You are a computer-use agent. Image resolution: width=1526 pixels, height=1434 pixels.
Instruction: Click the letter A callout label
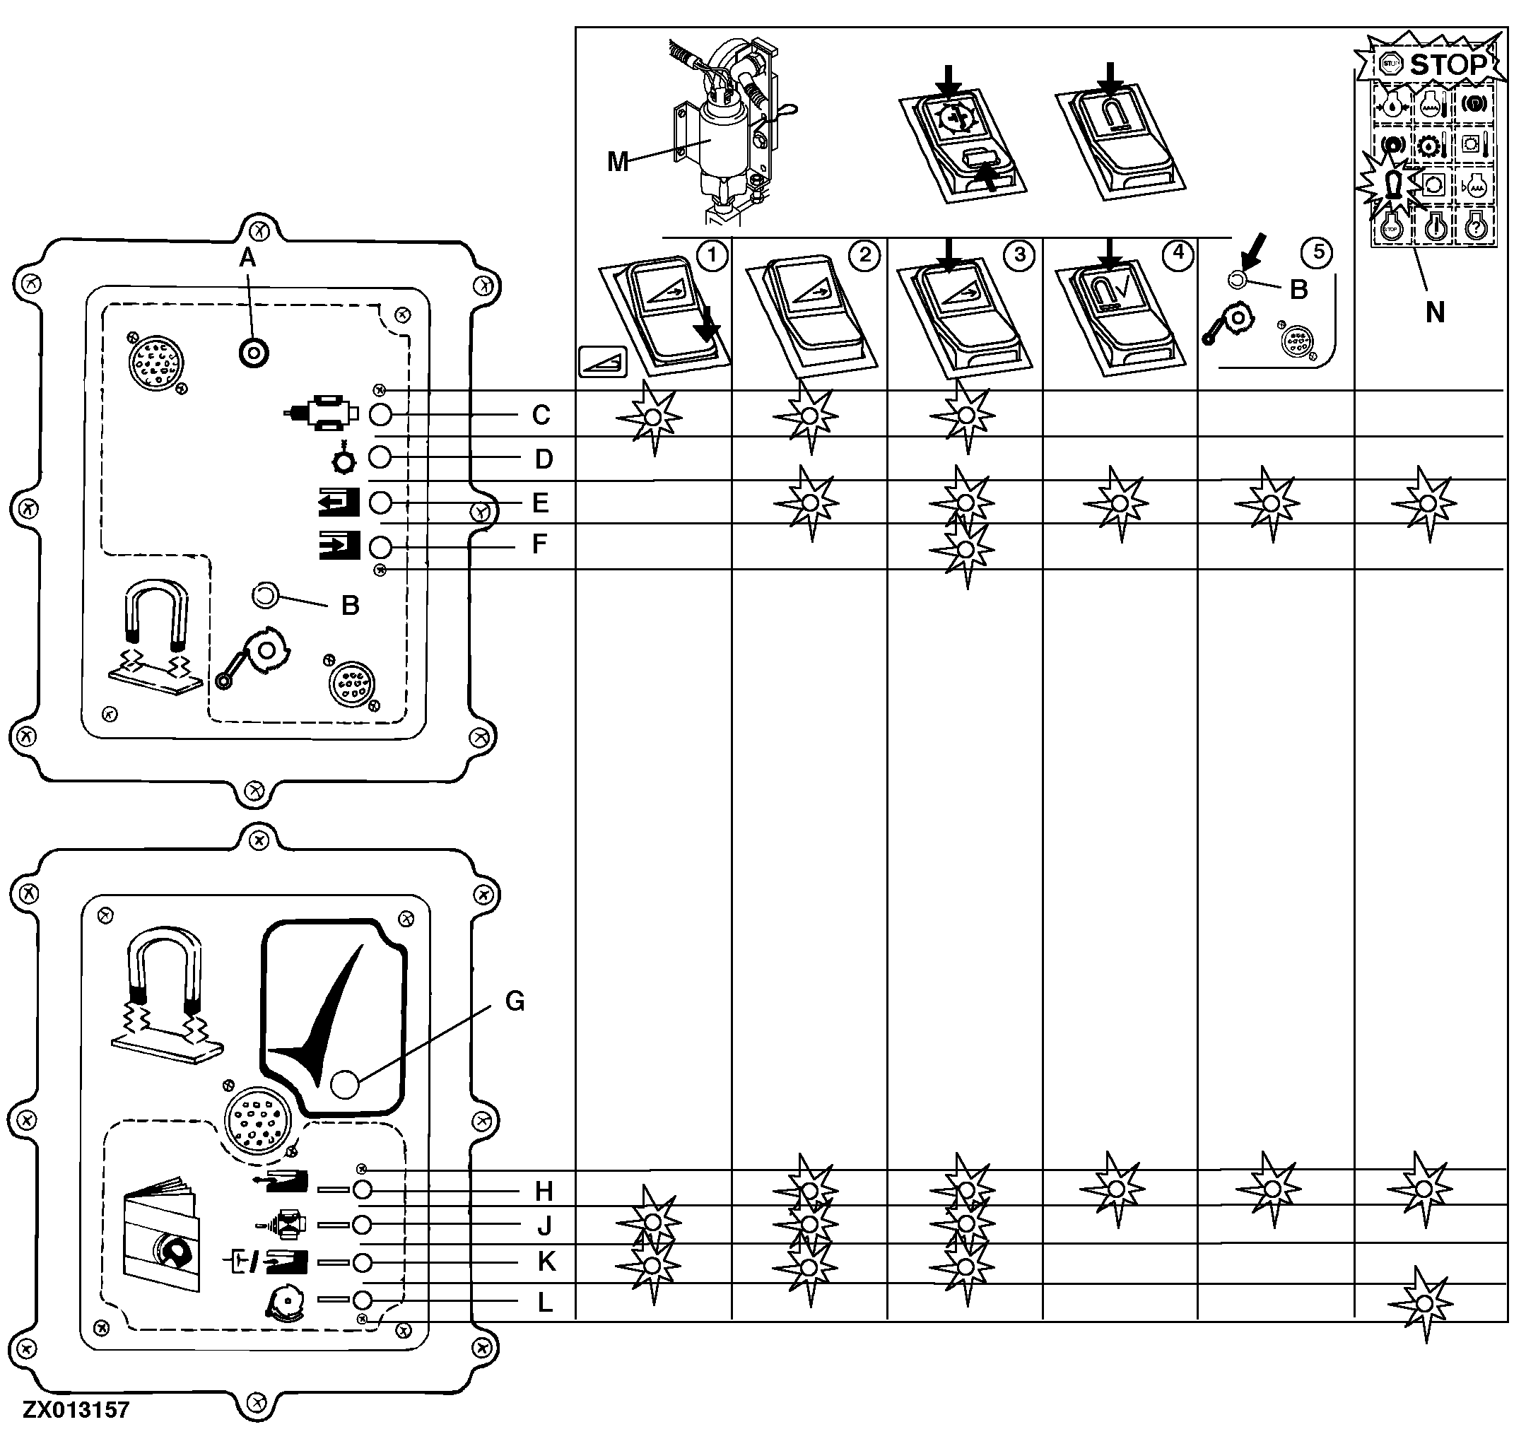click(x=247, y=259)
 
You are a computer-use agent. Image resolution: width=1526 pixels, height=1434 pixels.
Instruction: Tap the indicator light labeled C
click(x=380, y=416)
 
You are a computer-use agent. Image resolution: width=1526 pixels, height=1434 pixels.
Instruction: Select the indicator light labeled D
click(x=380, y=457)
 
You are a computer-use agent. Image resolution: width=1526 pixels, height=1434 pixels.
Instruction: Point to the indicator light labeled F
click(x=380, y=547)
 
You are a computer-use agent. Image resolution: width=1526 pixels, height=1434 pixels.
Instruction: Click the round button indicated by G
click(x=345, y=1085)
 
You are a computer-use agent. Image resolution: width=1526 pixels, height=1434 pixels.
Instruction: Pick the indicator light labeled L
click(x=363, y=1300)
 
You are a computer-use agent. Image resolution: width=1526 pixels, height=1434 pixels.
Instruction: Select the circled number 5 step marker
click(x=1318, y=252)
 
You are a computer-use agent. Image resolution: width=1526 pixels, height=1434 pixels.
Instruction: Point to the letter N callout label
click(x=1434, y=313)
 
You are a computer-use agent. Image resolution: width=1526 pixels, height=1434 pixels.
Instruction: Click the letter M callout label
click(x=618, y=162)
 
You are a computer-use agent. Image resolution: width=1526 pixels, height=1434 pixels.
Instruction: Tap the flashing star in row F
click(x=966, y=551)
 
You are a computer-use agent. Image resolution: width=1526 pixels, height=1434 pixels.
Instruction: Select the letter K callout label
click(x=545, y=1262)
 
